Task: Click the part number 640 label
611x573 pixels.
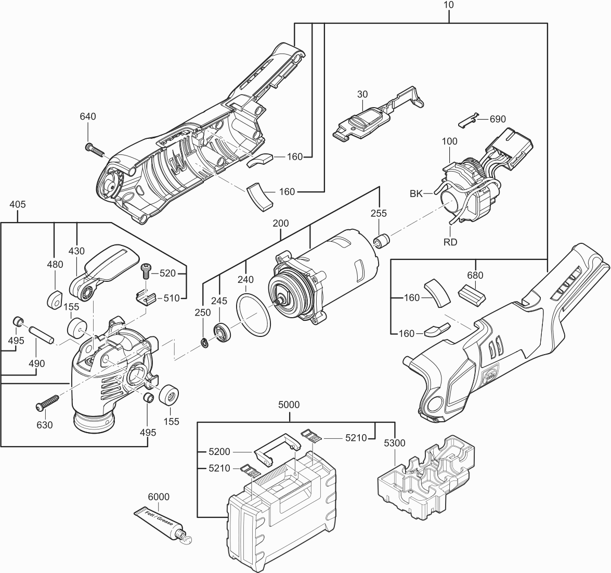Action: (88, 116)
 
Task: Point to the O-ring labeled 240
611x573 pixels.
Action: (254, 314)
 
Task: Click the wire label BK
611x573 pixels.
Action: (416, 193)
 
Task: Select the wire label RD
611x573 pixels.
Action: (450, 242)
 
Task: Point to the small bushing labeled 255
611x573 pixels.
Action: (383, 242)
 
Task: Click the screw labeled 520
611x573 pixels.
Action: (146, 270)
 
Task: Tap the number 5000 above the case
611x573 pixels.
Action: (289, 405)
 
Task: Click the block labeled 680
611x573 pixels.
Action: (471, 294)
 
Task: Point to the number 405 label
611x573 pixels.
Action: (18, 204)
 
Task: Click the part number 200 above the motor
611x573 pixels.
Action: (280, 224)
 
